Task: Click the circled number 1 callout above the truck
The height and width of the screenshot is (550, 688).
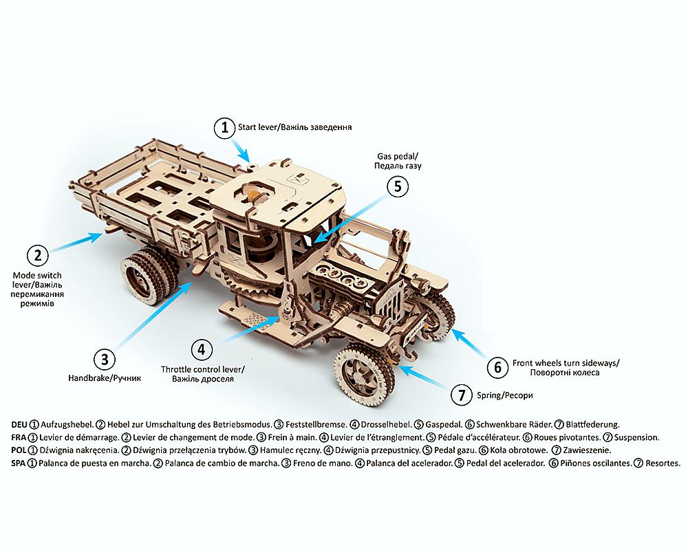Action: [x=225, y=128]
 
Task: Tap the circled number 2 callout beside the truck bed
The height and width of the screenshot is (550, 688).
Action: [x=38, y=255]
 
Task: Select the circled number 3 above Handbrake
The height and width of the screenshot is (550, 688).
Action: [x=105, y=360]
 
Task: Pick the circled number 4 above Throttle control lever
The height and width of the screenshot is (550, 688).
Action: [x=202, y=349]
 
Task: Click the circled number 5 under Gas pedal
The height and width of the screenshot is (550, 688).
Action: [x=398, y=186]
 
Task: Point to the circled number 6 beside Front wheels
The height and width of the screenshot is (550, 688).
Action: [x=498, y=366]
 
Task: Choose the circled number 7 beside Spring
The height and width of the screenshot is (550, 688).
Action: [x=462, y=395]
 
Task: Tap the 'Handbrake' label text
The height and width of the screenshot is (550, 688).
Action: [x=89, y=377]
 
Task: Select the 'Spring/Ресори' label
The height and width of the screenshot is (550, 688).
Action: [x=504, y=395]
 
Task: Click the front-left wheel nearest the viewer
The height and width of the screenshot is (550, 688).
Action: [x=363, y=375]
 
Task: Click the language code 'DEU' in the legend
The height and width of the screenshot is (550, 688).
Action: [x=19, y=425]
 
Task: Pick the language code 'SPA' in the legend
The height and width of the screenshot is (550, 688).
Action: [x=19, y=463]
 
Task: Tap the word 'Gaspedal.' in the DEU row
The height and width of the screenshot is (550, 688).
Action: [x=444, y=425]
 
